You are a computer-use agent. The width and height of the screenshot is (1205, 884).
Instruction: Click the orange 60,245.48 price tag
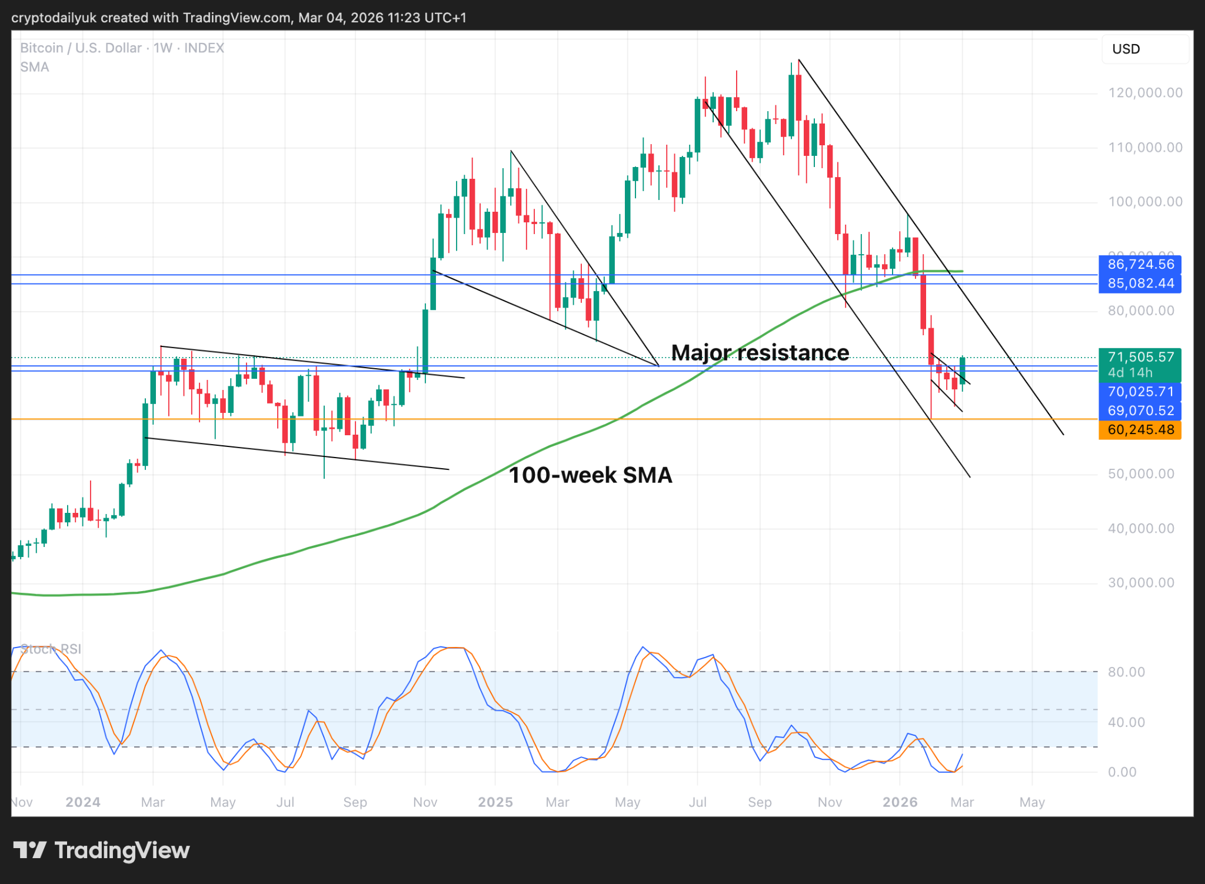[1140, 430]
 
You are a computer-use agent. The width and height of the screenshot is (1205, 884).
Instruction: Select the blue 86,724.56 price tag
[1140, 265]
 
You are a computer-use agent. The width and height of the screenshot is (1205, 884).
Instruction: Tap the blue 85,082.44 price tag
[1140, 283]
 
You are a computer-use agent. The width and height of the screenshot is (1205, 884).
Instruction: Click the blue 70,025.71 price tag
[1140, 392]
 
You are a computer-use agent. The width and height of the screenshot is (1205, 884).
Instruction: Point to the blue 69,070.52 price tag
[1140, 411]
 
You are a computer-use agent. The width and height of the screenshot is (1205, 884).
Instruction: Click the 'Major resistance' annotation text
[760, 353]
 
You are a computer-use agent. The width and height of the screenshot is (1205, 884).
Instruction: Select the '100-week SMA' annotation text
[590, 475]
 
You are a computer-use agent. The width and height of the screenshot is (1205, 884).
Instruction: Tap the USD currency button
[1126, 49]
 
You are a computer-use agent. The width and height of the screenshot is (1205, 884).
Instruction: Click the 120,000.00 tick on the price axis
[1145, 93]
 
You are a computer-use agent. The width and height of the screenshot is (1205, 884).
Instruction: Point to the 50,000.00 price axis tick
[1141, 474]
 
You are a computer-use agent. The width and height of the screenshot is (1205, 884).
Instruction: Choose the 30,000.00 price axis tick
[1141, 583]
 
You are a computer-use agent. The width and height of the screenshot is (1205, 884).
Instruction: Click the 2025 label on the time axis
[495, 802]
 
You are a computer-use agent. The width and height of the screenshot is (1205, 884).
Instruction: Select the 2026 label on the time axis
[900, 802]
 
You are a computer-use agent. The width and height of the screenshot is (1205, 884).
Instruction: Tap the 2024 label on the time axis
[83, 802]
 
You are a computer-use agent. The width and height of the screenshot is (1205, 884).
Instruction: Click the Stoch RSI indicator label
[51, 649]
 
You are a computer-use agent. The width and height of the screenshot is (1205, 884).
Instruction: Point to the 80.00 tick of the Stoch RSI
[1126, 672]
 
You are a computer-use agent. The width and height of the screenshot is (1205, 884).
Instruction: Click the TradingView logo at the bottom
[101, 850]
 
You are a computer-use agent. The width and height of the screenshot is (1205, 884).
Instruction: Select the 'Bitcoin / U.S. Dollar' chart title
[81, 48]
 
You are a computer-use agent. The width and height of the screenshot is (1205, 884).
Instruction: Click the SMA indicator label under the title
[35, 67]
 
